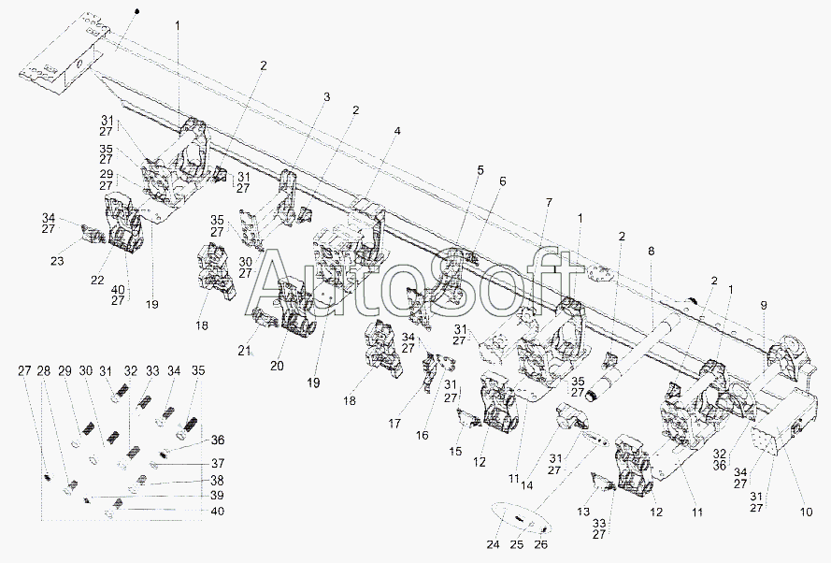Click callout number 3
pos(326,97)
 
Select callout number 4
pos(397,130)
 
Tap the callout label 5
pos(480,170)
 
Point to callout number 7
pos(549,202)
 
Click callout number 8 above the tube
pos(651,251)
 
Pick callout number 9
pos(763,306)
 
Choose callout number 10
pos(806,512)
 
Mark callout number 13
pos(583,512)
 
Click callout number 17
pos(394,424)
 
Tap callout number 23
pos(57,261)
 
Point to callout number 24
pos(494,544)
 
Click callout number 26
pos(540,544)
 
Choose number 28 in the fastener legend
pos(43,370)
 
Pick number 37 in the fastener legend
pos(218,463)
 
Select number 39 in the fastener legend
pos(218,496)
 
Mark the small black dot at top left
pos(137,10)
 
